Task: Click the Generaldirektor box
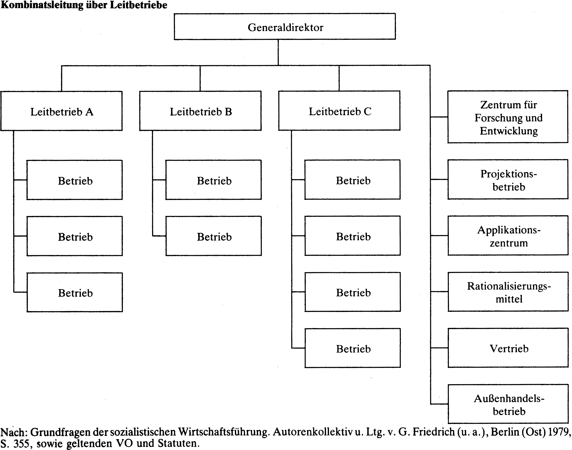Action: (x=285, y=27)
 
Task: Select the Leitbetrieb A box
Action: (x=61, y=111)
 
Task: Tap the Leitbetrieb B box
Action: (x=200, y=111)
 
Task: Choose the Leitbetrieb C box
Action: (x=339, y=111)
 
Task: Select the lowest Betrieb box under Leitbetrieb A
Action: (x=75, y=292)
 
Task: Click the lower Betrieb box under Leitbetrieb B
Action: (x=214, y=236)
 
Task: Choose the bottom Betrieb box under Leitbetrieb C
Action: (x=353, y=348)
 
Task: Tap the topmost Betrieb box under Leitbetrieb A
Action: (x=75, y=180)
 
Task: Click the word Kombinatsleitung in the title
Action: (x=42, y=5)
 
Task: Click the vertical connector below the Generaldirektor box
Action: (x=278, y=52)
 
